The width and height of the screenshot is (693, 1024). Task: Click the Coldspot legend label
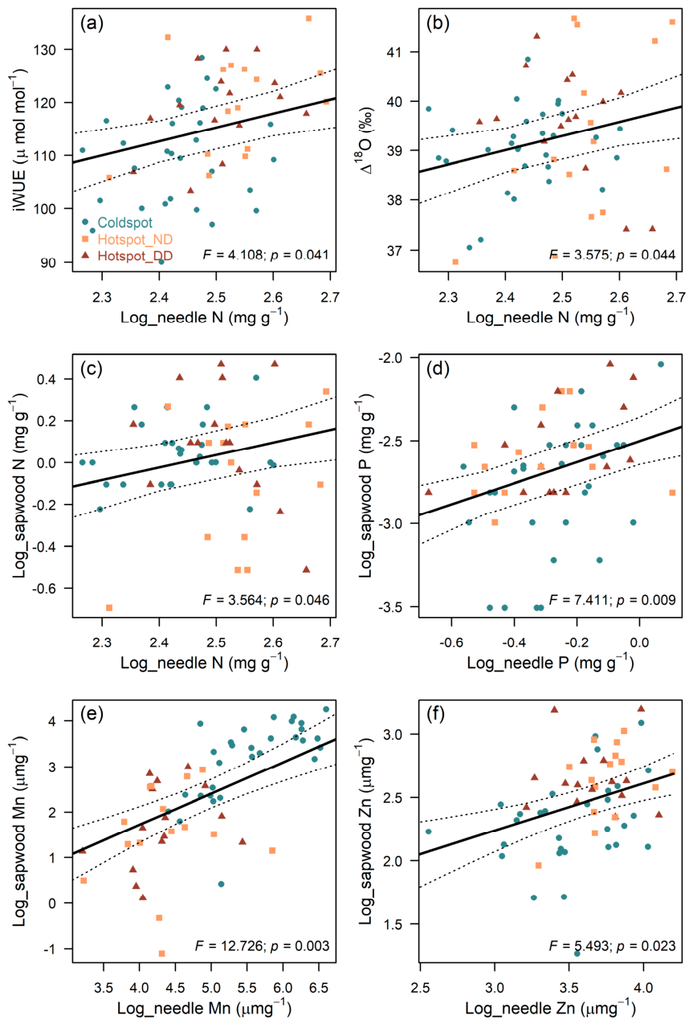[x=124, y=222]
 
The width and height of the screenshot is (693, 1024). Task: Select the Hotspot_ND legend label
[x=135, y=239]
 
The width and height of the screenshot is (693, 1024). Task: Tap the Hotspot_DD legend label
[x=135, y=255]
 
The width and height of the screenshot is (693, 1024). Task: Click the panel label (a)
[x=92, y=22]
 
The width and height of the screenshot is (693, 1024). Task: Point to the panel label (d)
[x=438, y=369]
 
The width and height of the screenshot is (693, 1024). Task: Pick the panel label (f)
[x=435, y=714]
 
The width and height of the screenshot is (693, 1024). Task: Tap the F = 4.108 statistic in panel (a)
[x=233, y=254]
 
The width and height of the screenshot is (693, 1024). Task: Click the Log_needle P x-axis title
[x=550, y=663]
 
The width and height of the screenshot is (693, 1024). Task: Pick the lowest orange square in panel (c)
[x=109, y=607]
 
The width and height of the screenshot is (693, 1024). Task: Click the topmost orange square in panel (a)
[x=308, y=18]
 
